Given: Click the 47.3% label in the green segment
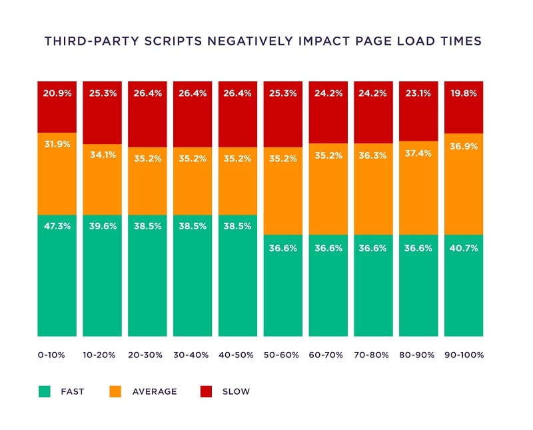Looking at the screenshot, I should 57,226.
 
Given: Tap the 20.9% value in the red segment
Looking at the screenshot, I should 57,93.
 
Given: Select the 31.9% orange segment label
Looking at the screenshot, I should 57,143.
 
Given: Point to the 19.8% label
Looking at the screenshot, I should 464,93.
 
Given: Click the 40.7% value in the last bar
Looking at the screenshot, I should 464,247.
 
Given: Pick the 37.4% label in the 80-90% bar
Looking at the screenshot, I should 419,153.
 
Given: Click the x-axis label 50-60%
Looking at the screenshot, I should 283,355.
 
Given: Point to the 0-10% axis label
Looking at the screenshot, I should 52,355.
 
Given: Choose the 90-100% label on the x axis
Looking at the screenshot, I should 464,355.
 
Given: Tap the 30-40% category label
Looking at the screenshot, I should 193,355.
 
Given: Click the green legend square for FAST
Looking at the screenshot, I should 45,391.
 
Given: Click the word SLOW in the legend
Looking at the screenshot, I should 236,391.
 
